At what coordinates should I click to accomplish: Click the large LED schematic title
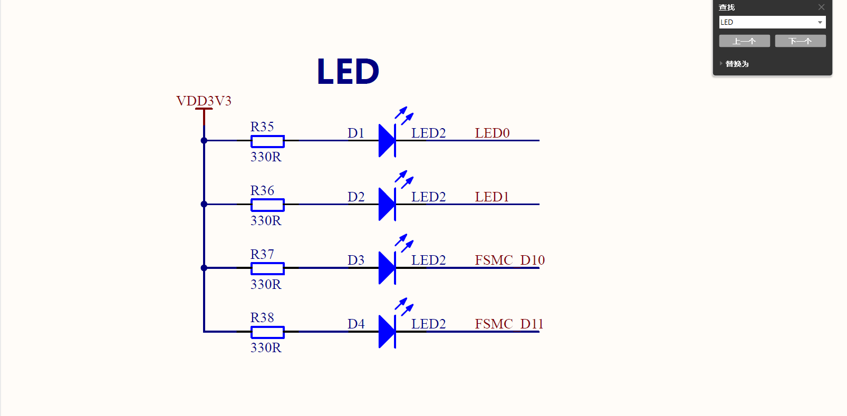coord(348,72)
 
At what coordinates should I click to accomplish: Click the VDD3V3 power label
coord(204,101)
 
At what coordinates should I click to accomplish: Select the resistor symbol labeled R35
coord(267,141)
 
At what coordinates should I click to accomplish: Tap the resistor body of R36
coord(267,205)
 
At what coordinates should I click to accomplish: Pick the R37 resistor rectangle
coord(267,268)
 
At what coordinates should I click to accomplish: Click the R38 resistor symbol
coord(267,332)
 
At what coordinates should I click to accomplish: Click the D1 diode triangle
coord(387,141)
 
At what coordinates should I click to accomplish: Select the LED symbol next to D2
coord(387,204)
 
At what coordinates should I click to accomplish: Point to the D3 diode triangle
coord(387,268)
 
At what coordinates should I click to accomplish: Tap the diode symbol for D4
coord(387,332)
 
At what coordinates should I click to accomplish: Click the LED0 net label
coord(492,133)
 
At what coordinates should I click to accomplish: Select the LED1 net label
coord(492,197)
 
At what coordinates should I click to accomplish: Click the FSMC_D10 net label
coord(509,260)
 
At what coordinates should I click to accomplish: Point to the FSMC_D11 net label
coord(509,324)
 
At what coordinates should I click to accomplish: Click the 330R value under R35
coord(266,157)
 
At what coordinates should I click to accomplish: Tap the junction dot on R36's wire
coord(204,204)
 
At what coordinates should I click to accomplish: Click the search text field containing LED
coord(767,22)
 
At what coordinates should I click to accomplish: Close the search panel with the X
coord(821,7)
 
